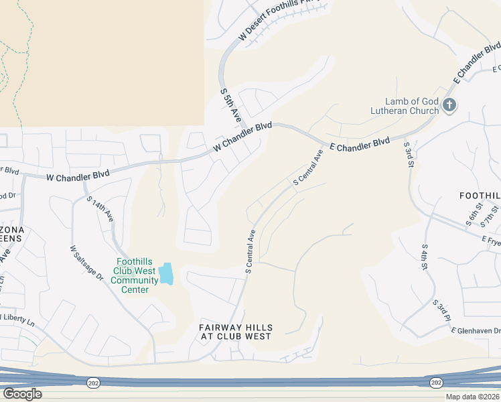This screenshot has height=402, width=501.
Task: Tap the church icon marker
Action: tap(449, 105)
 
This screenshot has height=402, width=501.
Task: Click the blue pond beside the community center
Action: tap(165, 273)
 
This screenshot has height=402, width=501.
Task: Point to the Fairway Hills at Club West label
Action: tap(236, 332)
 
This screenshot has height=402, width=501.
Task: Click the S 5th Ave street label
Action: tap(231, 107)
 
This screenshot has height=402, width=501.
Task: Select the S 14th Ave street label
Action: tap(100, 208)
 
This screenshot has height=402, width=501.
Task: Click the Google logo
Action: tap(22, 394)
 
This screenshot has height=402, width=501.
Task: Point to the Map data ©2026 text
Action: tap(472, 397)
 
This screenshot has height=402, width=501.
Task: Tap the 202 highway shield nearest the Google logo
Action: tap(92, 381)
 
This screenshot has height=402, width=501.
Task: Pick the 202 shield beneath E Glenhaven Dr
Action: tap(436, 382)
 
